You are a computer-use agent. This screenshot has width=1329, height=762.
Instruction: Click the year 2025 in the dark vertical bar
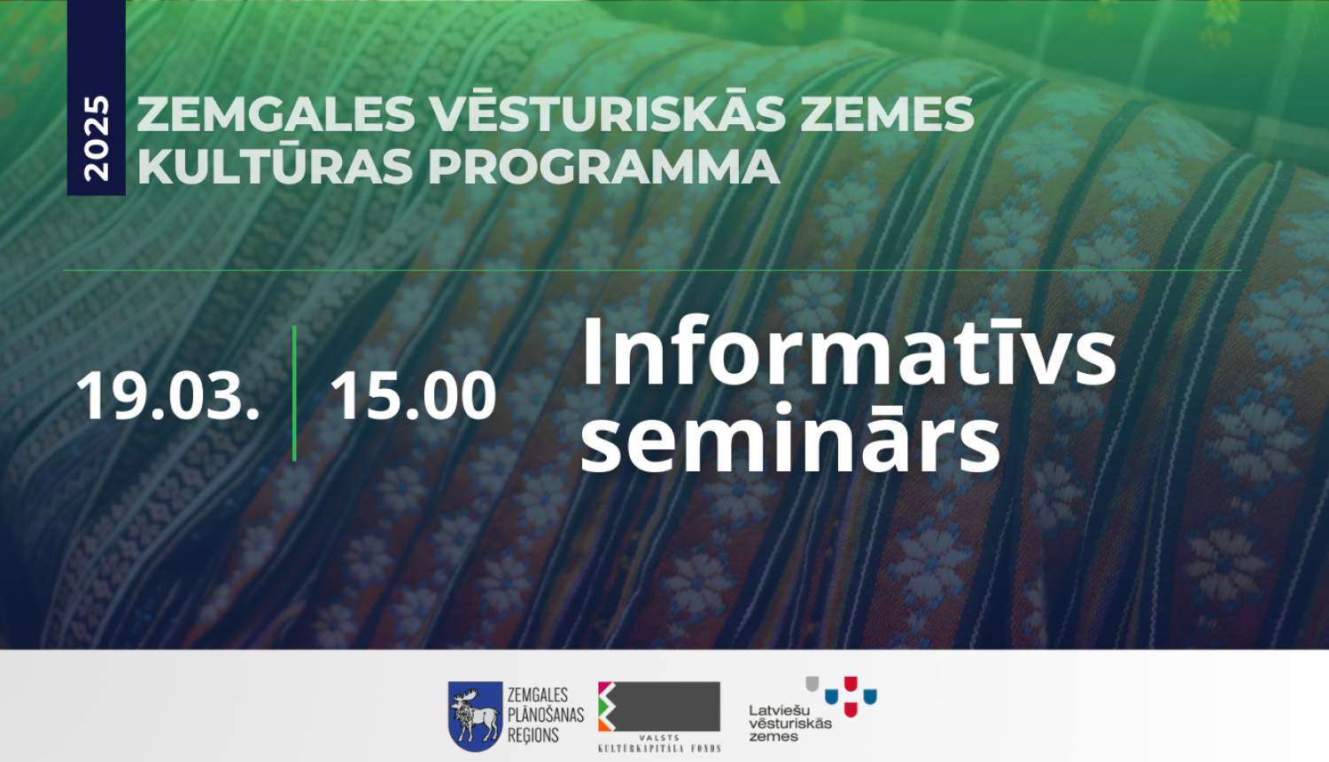pos(96,138)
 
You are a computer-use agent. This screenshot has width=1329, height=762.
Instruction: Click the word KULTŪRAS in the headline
pos(275,166)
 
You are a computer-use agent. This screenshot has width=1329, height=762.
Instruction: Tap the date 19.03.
pos(167,395)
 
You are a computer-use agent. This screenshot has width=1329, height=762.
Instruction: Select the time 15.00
pos(413,395)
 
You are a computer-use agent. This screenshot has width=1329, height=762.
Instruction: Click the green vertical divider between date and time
pos(294,393)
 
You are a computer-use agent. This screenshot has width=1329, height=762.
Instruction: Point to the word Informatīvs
pos(848,353)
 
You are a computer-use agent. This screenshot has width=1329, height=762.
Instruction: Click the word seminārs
pos(790,439)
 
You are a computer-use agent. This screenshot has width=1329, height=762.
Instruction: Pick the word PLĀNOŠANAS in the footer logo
pos(545,715)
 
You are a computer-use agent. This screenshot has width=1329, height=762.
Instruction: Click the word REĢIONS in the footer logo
pos(532,735)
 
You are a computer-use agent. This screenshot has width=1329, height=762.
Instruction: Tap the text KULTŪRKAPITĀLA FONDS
pos(659,749)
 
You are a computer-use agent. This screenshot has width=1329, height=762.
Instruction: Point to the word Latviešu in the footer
pos(779,710)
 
